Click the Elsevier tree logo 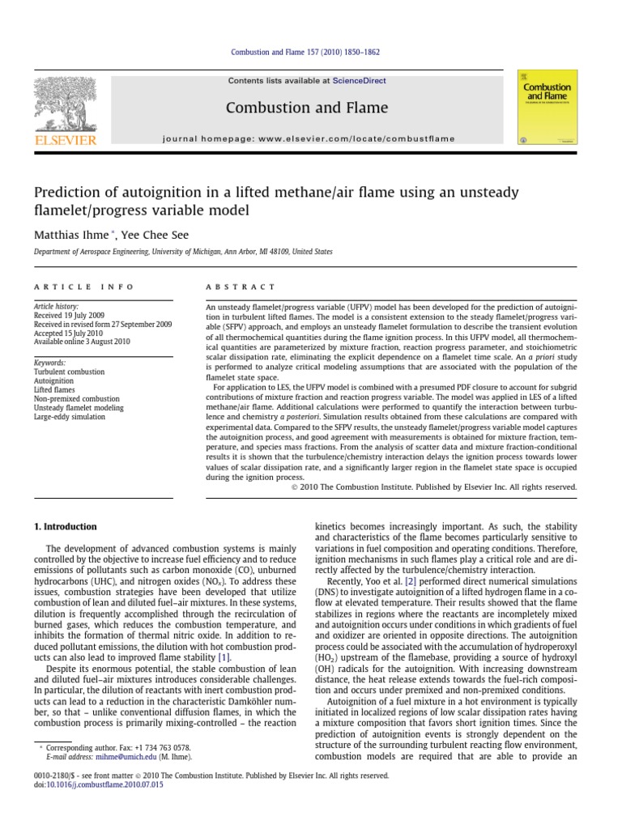(x=64, y=102)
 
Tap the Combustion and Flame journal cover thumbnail (x=547, y=107)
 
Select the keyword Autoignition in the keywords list (x=53, y=380)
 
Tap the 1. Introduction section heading (x=65, y=526)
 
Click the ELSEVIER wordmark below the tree (x=65, y=141)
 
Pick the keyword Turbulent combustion (x=69, y=372)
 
